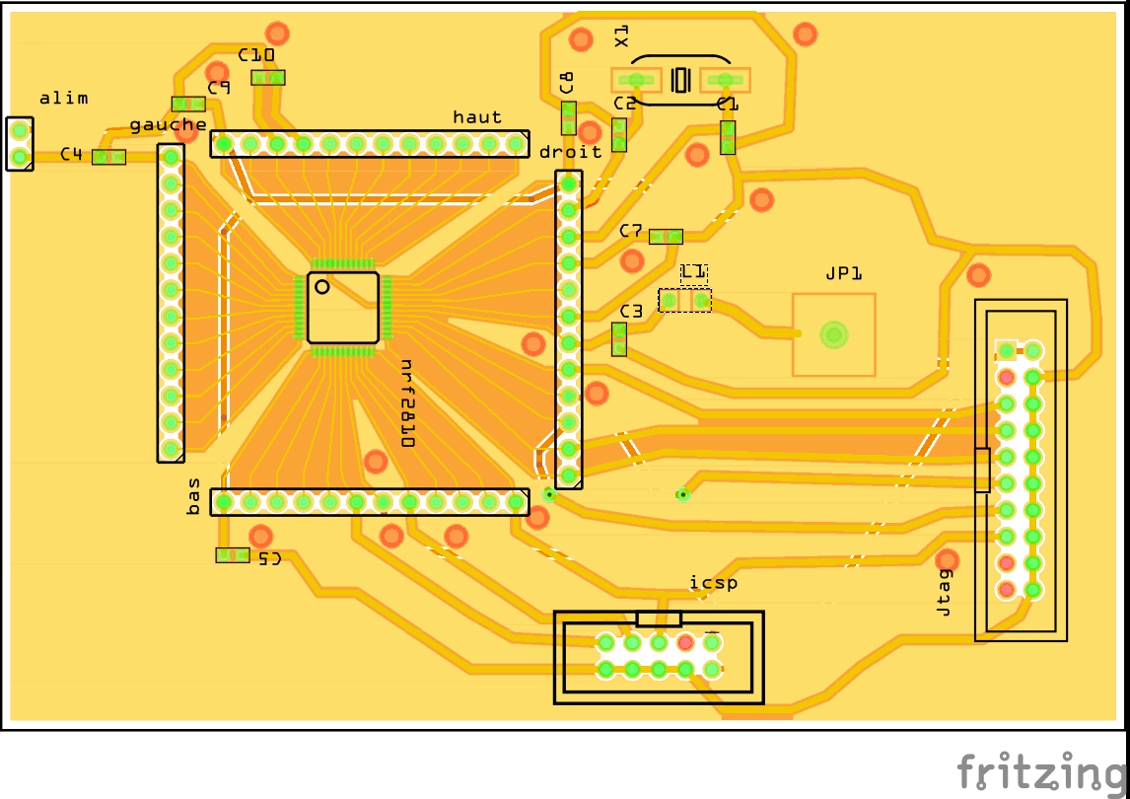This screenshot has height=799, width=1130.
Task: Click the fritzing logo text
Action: coord(1041,770)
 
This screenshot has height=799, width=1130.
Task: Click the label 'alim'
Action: coord(63,98)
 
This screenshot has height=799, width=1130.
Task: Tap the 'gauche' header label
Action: coord(168,124)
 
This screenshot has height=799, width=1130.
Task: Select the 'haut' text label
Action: coord(477,116)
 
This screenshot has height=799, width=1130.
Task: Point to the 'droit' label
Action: coord(570,152)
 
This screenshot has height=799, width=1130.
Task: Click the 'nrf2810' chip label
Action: coord(406,403)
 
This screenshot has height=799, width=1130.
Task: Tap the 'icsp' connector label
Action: coord(713,583)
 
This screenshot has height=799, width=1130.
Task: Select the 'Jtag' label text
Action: coord(945,592)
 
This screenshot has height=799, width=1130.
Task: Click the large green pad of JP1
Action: coord(834,335)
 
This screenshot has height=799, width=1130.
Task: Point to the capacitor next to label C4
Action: coord(108,157)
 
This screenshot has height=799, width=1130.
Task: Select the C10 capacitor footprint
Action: coord(267,77)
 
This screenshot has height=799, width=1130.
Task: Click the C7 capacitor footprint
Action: coord(667,236)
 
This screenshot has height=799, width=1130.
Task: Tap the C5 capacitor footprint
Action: coord(233,555)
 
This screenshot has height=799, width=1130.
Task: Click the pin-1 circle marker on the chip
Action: coord(321,287)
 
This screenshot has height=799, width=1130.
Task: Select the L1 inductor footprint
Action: coord(685,299)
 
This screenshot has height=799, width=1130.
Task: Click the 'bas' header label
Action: coord(194,496)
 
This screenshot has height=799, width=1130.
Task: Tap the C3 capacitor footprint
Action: coord(619,338)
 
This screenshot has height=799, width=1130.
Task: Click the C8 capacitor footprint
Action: coord(569,117)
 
